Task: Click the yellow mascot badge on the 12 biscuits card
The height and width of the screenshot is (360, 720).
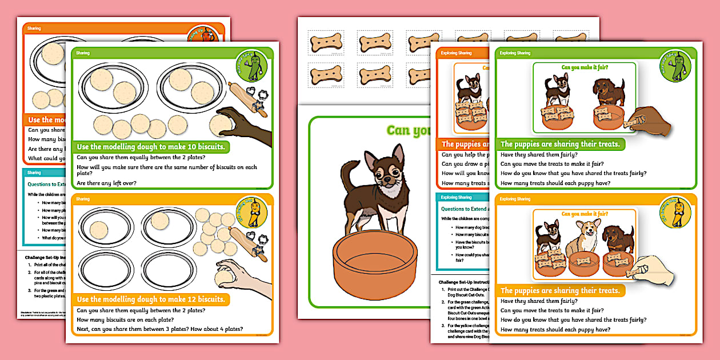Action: pos(251,212)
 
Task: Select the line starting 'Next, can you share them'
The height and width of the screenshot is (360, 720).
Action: pos(159,329)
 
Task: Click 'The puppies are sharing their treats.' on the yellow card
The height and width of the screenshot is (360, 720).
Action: pos(559,290)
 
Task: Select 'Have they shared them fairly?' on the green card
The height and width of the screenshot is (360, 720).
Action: pos(539,154)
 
